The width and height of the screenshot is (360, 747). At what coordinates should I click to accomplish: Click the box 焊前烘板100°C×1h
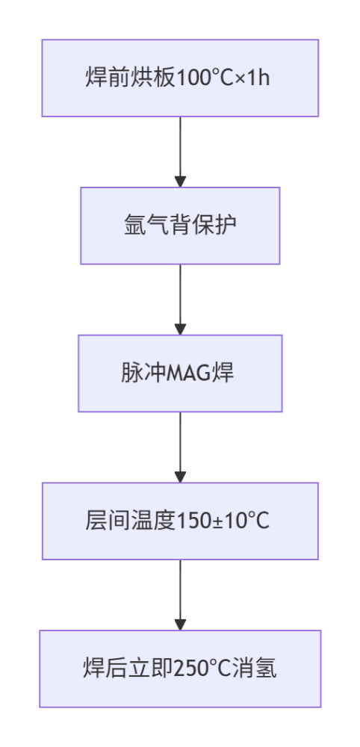click(179, 78)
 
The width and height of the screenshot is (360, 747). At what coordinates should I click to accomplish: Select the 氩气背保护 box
click(179, 225)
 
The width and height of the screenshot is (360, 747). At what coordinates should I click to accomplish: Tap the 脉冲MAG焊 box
click(179, 373)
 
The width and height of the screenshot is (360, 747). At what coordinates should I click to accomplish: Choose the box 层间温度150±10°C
click(179, 521)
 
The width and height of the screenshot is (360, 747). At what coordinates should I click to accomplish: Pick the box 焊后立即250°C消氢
click(179, 669)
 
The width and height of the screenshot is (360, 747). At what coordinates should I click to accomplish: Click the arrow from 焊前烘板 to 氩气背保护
click(180, 149)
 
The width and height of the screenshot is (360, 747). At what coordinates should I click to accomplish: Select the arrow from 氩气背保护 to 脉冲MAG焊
click(180, 297)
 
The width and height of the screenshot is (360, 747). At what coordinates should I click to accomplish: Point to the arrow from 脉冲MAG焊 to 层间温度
click(180, 445)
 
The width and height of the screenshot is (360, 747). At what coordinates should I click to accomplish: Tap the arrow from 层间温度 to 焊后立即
click(180, 593)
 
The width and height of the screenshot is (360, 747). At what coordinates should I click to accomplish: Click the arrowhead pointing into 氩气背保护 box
click(180, 181)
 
